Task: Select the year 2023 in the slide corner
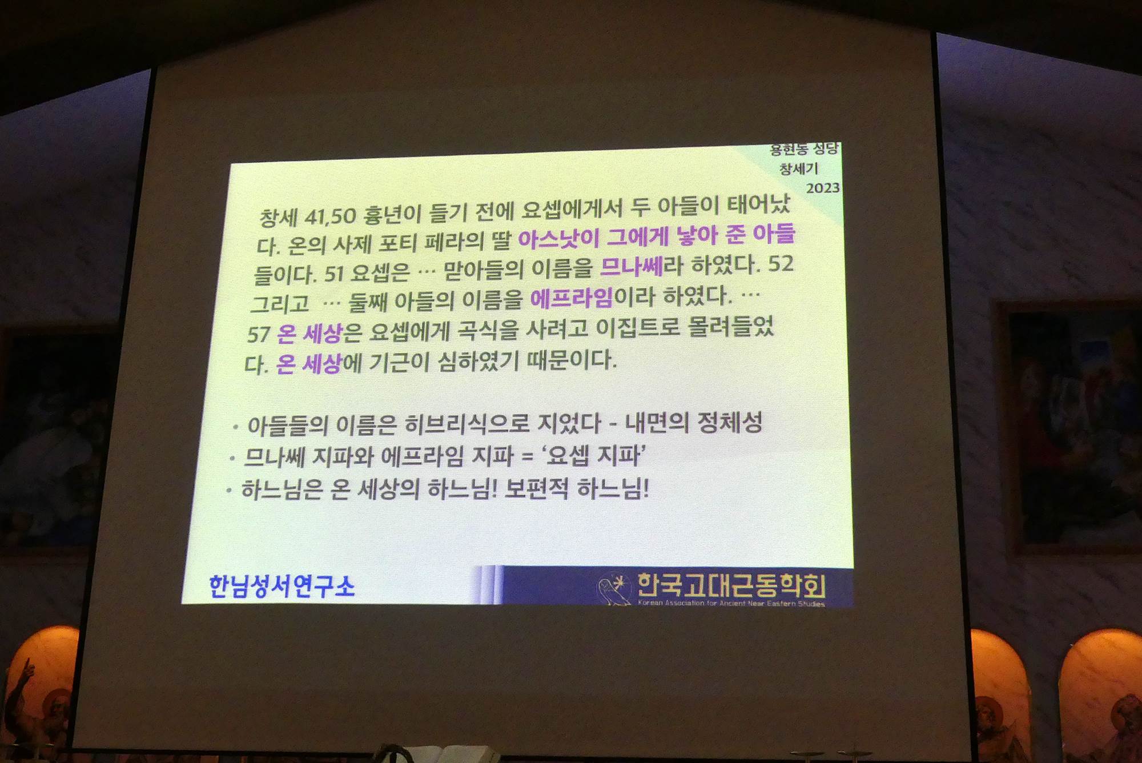[823, 188]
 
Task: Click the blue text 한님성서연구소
[282, 587]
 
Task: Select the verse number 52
[781, 263]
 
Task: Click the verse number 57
[259, 334]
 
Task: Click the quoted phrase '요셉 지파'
[593, 455]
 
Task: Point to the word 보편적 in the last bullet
[537, 488]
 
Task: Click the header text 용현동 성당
[804, 150]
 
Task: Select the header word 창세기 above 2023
[799, 169]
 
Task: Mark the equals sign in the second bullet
[528, 456]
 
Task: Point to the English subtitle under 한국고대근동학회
[731, 603]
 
